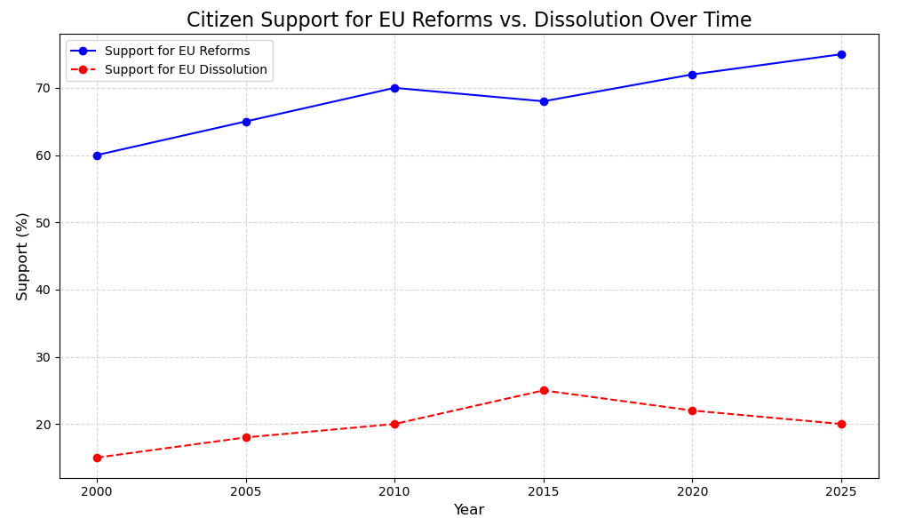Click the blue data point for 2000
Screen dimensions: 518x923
(97, 155)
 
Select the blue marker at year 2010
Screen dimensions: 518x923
(394, 88)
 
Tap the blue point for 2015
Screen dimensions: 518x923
(544, 101)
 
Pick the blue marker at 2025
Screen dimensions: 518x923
(841, 54)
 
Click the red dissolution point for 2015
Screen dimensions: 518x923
(544, 390)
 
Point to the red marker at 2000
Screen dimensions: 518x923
(97, 458)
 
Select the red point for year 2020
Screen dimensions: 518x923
(692, 410)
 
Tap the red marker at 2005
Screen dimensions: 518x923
(246, 437)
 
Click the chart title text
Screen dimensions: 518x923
(468, 20)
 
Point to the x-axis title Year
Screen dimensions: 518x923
(468, 510)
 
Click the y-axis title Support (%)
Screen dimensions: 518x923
(22, 256)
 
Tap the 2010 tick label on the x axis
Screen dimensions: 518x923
(394, 490)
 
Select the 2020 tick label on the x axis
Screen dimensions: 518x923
(692, 490)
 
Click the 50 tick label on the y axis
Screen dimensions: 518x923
(44, 223)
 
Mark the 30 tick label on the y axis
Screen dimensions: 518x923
(44, 357)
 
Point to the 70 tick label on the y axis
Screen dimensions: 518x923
(44, 88)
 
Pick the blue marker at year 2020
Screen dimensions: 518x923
(692, 75)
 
